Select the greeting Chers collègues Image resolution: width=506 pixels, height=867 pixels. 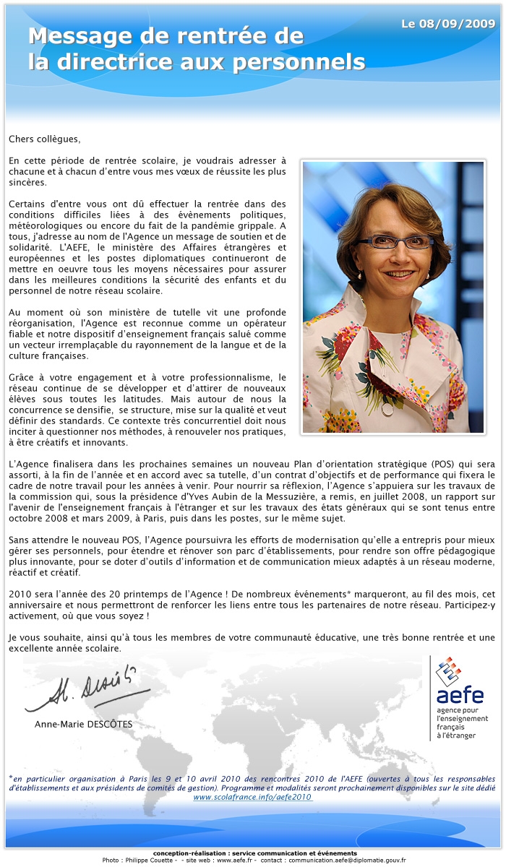point(45,139)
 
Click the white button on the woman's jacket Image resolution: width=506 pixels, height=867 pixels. point(387,409)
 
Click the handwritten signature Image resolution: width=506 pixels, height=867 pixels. point(87,690)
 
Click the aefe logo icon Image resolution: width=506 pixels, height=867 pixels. point(448,672)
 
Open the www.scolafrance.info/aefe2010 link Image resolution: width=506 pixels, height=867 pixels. point(252,796)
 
